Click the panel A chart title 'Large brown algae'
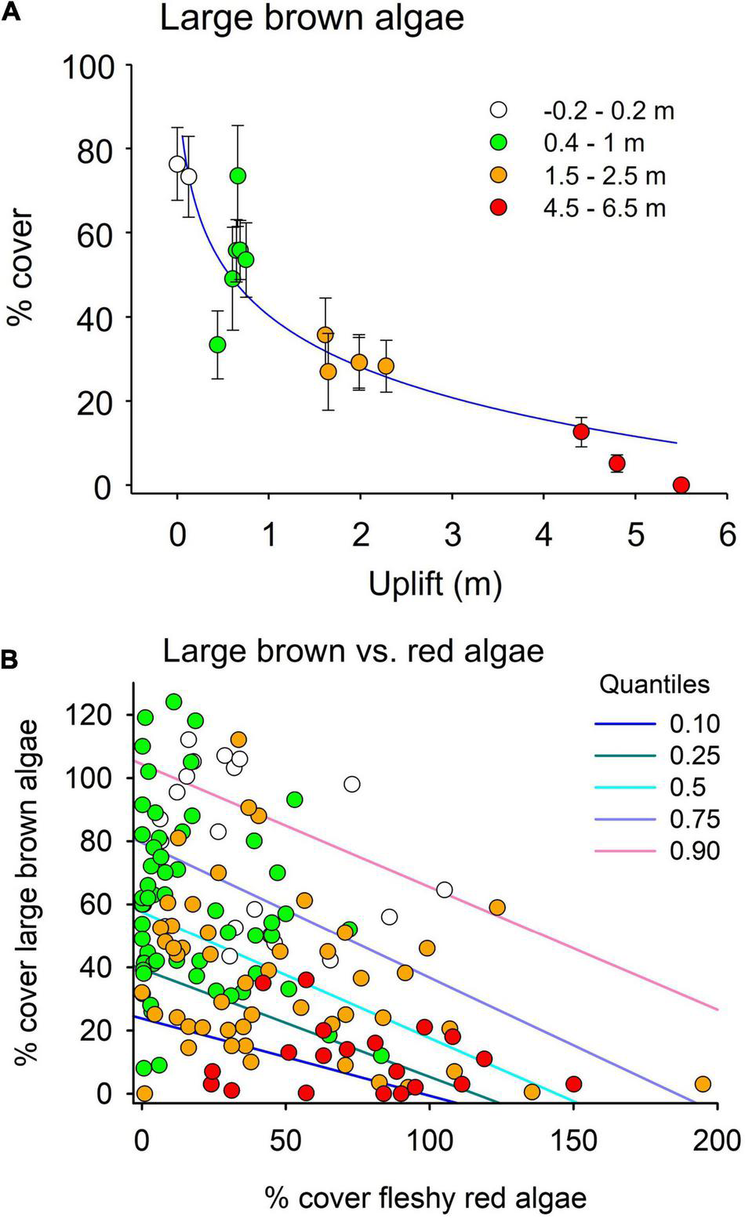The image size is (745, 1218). [311, 18]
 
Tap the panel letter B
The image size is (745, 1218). [10, 661]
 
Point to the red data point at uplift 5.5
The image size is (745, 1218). [681, 485]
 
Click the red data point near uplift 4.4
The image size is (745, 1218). [581, 431]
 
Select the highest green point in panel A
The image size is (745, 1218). [238, 175]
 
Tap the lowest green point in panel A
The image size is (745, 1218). [218, 344]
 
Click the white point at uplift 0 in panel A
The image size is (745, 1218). [177, 164]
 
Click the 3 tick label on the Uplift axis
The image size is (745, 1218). [452, 538]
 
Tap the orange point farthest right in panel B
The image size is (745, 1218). [703, 1083]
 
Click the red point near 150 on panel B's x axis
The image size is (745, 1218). [573, 1084]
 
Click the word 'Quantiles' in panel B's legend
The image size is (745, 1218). [654, 684]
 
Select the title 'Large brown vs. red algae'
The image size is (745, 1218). [353, 652]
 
